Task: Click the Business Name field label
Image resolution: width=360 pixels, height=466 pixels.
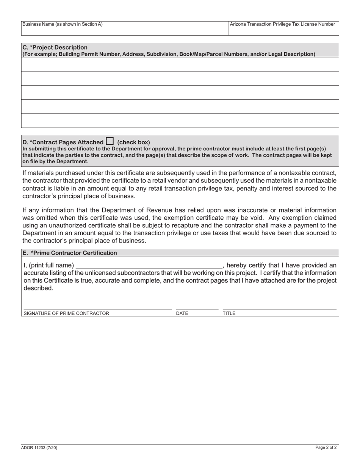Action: point(62,24)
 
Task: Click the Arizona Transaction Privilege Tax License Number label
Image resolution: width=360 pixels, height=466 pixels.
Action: point(282,24)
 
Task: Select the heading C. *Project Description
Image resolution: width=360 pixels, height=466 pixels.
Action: point(55,47)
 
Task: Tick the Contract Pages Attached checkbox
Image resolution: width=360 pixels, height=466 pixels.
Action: point(110,141)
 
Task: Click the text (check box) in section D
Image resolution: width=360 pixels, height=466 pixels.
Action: point(133,142)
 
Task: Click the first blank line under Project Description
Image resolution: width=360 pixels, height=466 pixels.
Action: point(180,64)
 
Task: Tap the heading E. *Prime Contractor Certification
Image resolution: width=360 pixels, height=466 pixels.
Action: point(70,253)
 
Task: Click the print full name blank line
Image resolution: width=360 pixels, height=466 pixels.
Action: point(149,265)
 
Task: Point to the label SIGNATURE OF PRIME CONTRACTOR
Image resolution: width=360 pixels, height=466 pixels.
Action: point(66,313)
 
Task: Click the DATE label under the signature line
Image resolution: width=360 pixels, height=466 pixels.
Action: point(182,313)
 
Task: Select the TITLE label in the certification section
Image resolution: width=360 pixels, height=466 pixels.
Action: point(229,313)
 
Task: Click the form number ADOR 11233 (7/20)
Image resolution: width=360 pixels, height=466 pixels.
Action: point(39,447)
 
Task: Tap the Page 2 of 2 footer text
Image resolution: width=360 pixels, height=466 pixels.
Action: point(326,447)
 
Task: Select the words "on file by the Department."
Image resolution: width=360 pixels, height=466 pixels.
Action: point(55,161)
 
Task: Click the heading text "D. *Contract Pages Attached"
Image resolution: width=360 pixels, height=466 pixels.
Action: point(63,142)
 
